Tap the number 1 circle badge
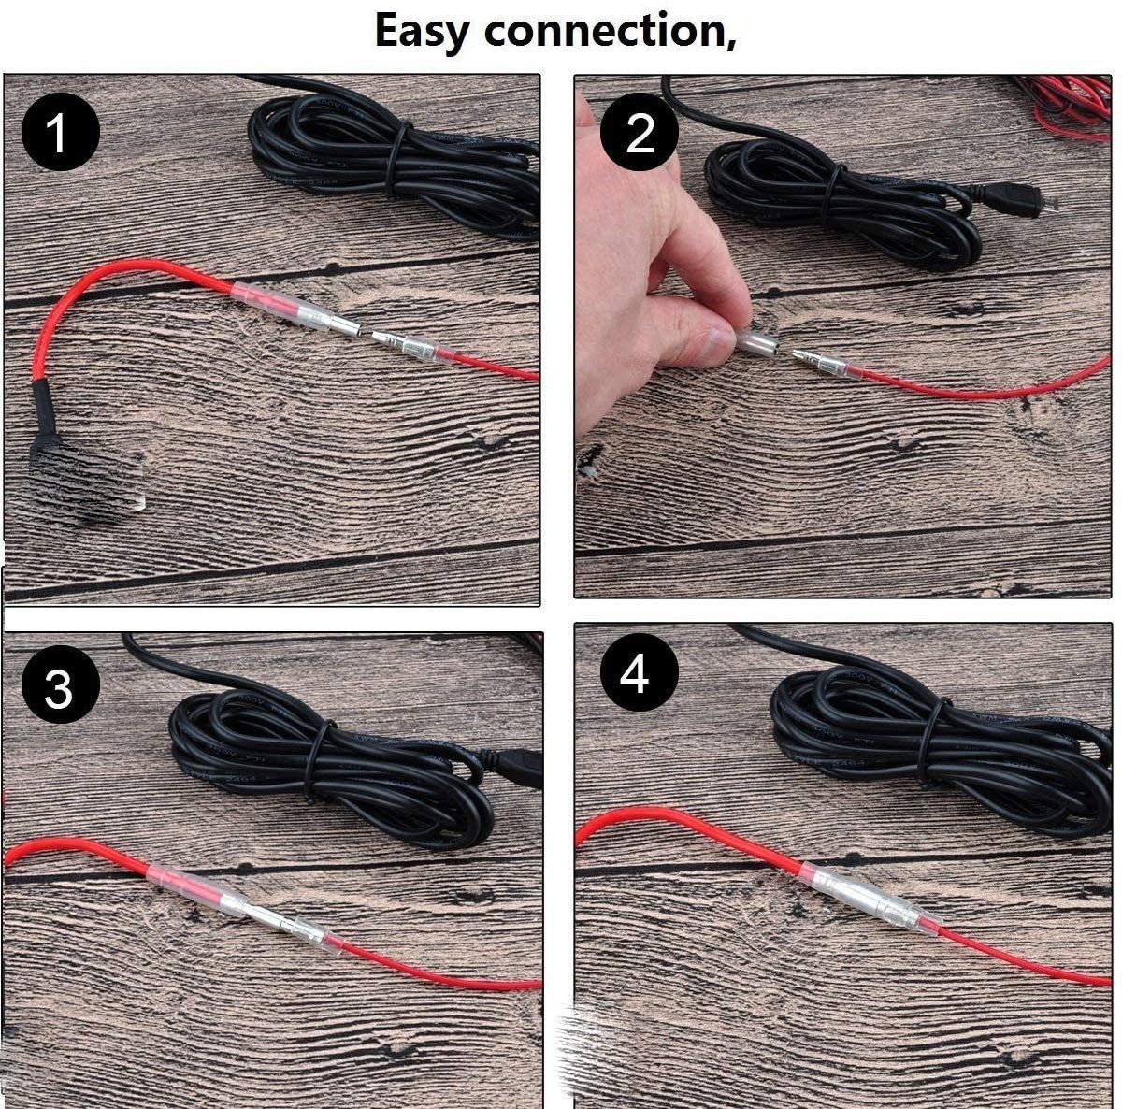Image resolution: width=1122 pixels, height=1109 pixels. point(60,133)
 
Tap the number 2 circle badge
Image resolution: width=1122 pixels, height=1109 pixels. point(640,133)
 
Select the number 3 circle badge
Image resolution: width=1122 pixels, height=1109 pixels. point(58,688)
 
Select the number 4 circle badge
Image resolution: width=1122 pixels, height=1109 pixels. point(637,673)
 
